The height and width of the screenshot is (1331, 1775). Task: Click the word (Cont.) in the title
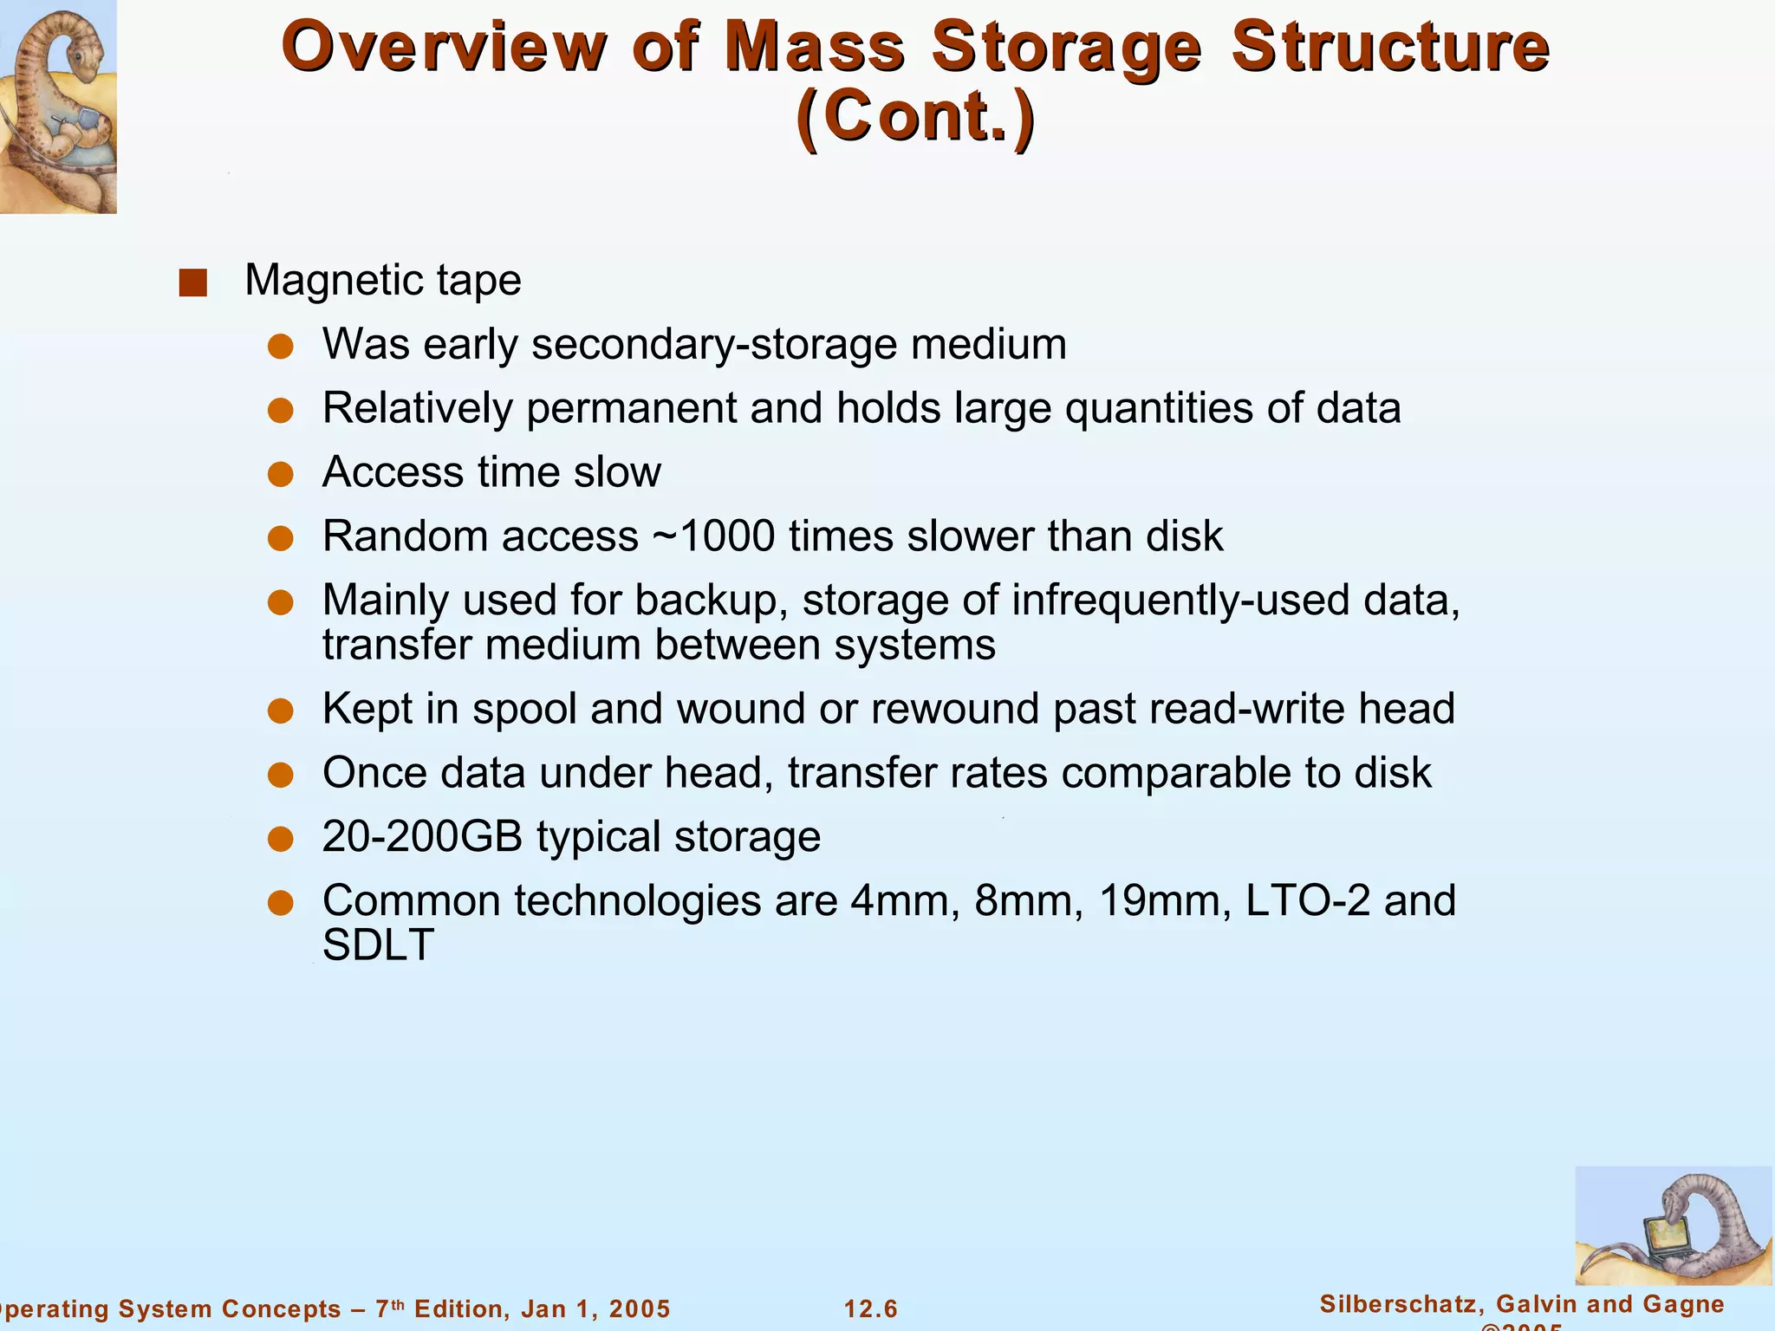coord(915,116)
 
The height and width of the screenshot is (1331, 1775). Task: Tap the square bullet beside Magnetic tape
coord(192,282)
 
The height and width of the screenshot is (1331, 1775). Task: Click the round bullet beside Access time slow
coord(280,474)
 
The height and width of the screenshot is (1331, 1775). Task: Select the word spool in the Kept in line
coord(524,709)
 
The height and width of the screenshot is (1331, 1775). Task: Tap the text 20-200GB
coord(422,837)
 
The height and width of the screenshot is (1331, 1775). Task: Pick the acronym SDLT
coord(378,945)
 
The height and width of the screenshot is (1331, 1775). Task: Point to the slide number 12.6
coord(871,1308)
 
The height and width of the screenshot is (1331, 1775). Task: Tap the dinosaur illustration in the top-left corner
coord(57,106)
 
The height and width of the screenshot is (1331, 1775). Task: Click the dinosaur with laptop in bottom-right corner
coord(1673,1225)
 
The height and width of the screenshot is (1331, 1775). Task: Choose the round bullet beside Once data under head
coord(280,775)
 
